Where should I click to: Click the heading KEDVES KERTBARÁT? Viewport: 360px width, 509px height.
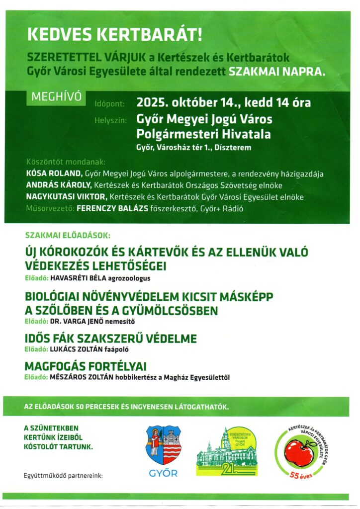point(112,35)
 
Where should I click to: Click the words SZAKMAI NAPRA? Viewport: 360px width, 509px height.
point(277,71)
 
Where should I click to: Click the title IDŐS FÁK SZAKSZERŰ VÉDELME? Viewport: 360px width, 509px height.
point(110,339)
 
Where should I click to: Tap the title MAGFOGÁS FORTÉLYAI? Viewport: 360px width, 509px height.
point(86,367)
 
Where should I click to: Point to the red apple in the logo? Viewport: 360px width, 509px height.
point(298,451)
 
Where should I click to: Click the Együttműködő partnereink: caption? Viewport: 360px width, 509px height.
point(63,476)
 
